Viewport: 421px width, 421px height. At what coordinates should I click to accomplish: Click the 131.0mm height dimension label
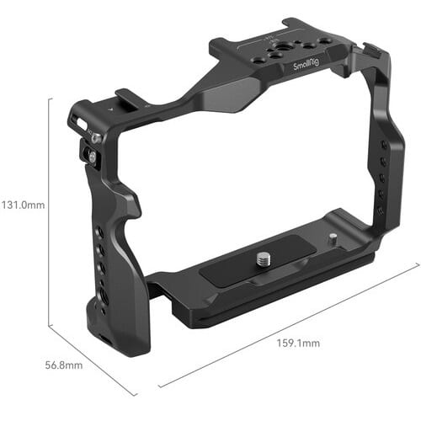click(23, 205)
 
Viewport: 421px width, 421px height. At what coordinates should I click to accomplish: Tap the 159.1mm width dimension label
click(298, 343)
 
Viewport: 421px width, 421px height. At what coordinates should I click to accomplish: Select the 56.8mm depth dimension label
click(64, 365)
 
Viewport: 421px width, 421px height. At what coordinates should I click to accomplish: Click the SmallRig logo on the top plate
click(306, 67)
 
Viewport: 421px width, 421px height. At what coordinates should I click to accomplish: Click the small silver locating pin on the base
click(333, 237)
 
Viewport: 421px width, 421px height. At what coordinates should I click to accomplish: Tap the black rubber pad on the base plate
click(257, 261)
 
